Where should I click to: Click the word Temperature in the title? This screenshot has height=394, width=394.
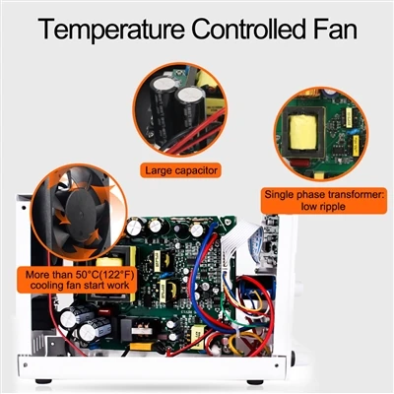[111, 31]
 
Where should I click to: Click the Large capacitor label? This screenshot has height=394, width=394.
[181, 170]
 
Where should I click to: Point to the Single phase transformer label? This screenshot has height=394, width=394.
[324, 200]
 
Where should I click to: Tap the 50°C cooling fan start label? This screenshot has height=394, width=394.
[78, 280]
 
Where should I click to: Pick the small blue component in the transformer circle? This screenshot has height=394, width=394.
[353, 131]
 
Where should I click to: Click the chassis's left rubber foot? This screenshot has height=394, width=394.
[43, 381]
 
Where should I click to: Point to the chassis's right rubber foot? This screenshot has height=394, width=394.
[255, 382]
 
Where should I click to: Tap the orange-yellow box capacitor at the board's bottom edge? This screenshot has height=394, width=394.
[142, 346]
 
